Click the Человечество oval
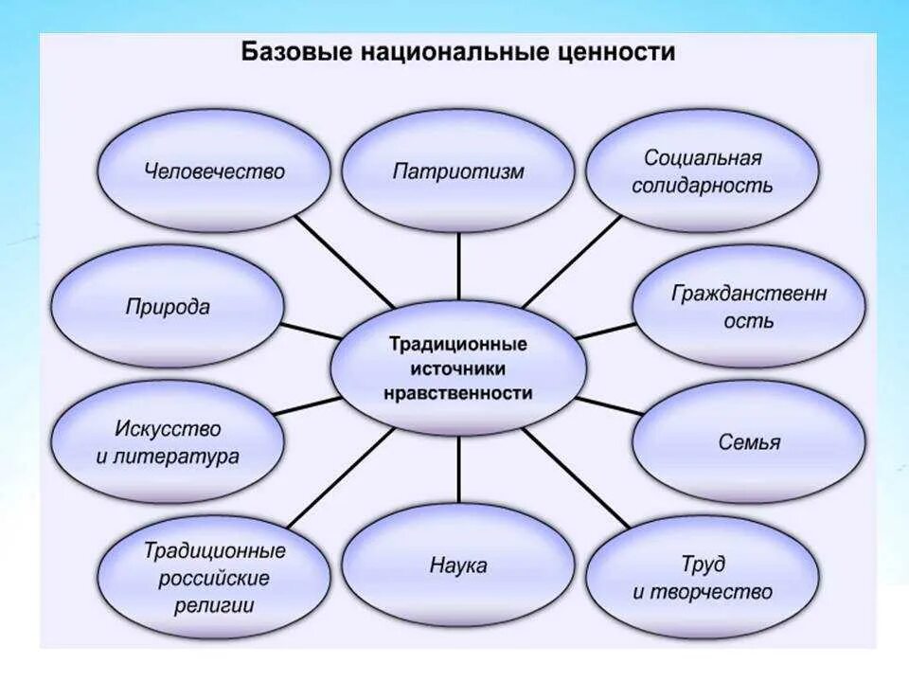tap(215, 171)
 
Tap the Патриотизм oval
tap(458, 171)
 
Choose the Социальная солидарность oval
tap(702, 171)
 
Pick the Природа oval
tap(168, 307)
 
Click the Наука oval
tap(458, 566)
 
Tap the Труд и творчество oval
tap(702, 578)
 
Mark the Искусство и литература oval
tap(168, 442)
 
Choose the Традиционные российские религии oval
tap(215, 578)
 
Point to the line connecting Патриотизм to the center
tap(458, 265)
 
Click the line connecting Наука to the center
tap(458, 470)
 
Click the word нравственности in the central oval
tap(458, 392)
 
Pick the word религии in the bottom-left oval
tap(213, 604)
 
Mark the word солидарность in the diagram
tap(702, 186)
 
